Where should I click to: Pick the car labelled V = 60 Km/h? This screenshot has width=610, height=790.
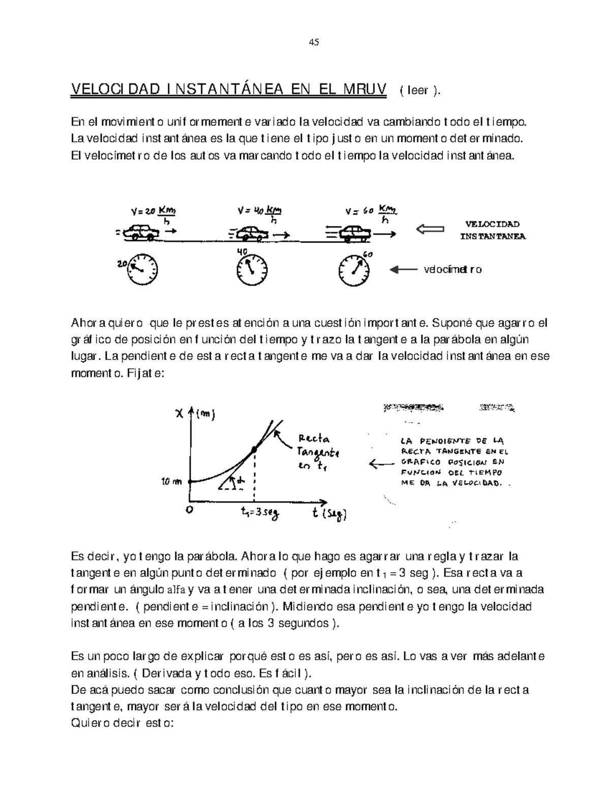coord(355,233)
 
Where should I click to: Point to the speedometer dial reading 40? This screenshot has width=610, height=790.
coord(252,269)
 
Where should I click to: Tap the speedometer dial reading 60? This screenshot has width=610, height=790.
coord(354,269)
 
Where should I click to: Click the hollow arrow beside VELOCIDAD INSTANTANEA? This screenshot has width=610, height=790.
coord(430,230)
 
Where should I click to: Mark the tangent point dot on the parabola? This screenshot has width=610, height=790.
coord(254,450)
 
